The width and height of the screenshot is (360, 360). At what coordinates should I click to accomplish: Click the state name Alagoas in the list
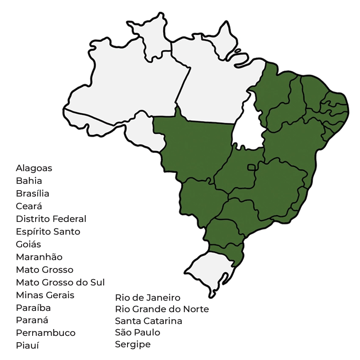tap(34, 168)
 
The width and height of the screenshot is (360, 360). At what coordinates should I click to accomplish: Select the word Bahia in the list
tap(29, 181)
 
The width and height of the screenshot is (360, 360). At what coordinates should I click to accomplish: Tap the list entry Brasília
tap(33, 194)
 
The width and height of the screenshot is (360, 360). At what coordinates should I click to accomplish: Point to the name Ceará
tap(29, 206)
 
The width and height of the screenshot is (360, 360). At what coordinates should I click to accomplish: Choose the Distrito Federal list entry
tap(51, 219)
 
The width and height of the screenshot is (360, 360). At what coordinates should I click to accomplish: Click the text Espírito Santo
tap(48, 232)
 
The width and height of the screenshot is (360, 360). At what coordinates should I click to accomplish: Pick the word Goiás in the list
tap(28, 244)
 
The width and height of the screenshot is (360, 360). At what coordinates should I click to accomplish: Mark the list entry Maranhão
tap(39, 257)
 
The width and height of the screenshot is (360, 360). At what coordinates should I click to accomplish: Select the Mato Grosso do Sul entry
tap(60, 282)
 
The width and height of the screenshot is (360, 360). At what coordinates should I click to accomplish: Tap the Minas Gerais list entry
tap(45, 295)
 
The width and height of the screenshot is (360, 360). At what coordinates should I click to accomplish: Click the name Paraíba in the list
tap(33, 308)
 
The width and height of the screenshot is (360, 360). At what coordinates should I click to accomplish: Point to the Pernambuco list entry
tap(46, 333)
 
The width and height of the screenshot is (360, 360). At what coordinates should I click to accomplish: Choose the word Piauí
tap(27, 346)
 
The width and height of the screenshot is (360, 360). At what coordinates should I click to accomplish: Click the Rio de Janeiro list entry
tap(148, 298)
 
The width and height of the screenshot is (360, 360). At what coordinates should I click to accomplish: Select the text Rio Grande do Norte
tap(162, 309)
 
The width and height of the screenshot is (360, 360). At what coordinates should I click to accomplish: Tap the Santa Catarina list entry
tap(149, 321)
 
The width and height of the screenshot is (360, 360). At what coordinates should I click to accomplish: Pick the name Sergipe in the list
tap(133, 344)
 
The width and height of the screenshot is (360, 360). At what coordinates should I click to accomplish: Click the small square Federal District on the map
tap(252, 168)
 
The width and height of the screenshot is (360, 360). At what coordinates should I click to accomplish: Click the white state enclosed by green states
tap(248, 127)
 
